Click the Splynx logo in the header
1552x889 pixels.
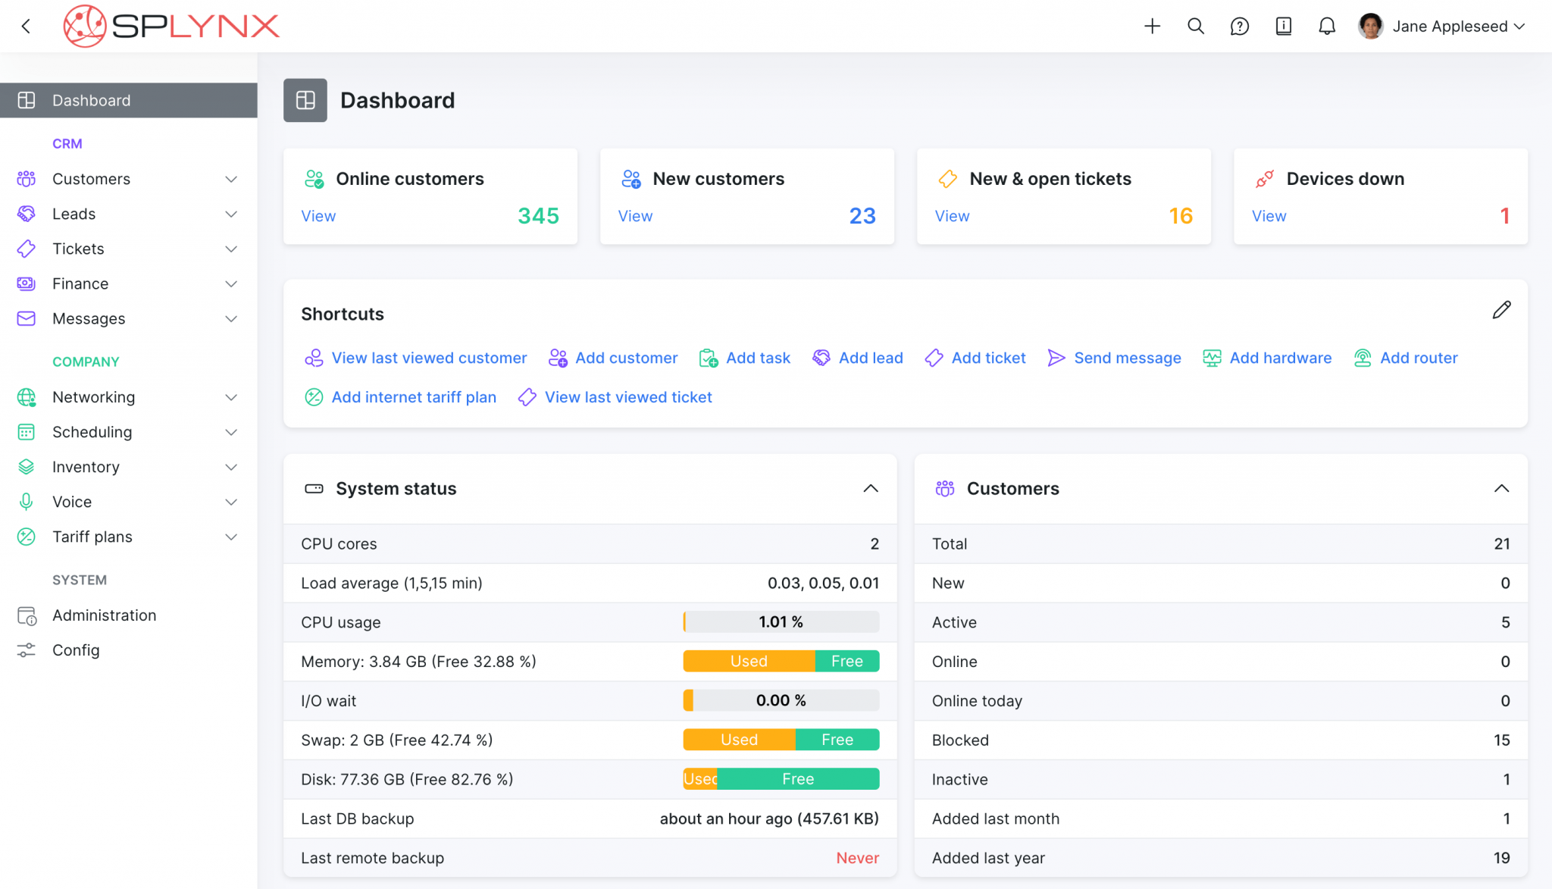click(x=171, y=27)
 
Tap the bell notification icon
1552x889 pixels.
click(x=1326, y=27)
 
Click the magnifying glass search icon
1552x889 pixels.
click(x=1196, y=27)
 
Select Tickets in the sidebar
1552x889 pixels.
click(x=78, y=249)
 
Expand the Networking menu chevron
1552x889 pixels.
click(x=231, y=397)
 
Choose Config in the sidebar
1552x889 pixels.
click(x=76, y=650)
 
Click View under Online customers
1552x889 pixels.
click(x=318, y=216)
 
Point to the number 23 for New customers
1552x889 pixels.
click(x=862, y=216)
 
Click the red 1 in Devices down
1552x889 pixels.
click(x=1504, y=216)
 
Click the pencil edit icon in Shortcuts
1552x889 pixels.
click(x=1501, y=310)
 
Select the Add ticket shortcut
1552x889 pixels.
click(x=987, y=358)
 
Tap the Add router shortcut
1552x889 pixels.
click(x=1418, y=358)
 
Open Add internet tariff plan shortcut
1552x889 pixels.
click(x=413, y=397)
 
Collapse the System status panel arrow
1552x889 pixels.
click(x=871, y=489)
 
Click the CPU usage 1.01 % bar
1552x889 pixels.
click(x=781, y=622)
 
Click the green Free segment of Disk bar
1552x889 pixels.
click(x=798, y=779)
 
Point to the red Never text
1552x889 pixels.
click(x=857, y=858)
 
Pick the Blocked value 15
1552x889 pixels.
click(x=1501, y=740)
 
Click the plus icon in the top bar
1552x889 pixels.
click(x=1152, y=27)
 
